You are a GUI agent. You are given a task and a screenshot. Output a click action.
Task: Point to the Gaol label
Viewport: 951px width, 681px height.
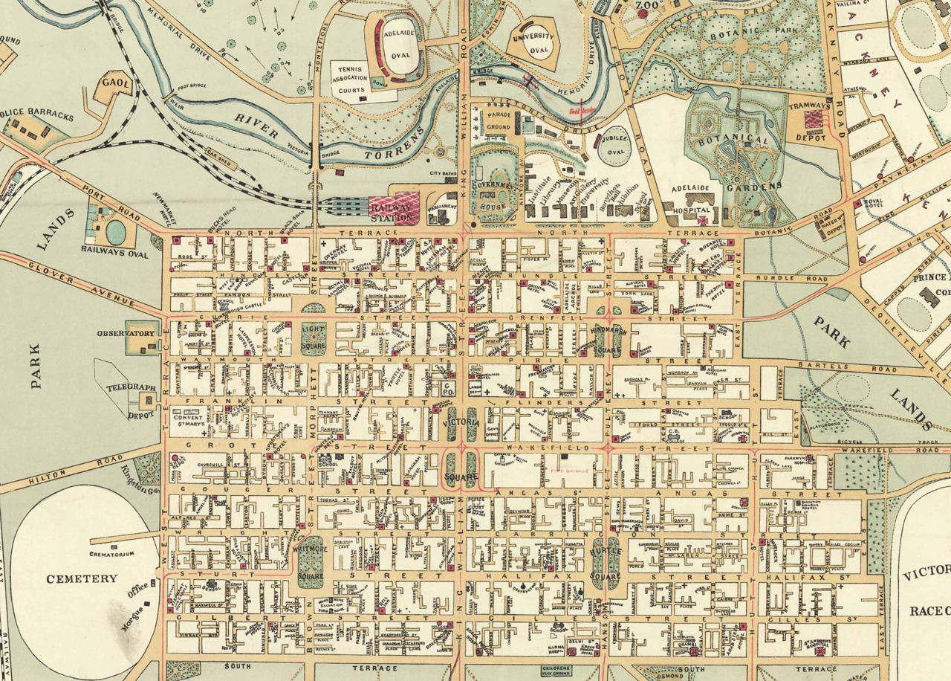point(117,85)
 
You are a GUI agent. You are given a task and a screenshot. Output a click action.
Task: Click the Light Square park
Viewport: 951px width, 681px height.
point(314,339)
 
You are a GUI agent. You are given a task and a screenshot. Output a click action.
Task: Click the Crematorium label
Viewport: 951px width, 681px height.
point(111,555)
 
